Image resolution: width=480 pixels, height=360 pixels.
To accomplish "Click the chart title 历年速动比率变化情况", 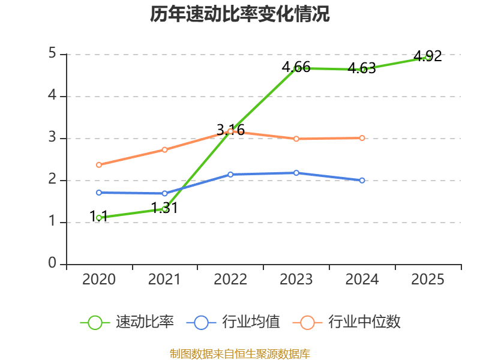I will click(x=240, y=14).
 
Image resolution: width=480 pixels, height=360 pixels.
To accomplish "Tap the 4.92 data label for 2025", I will click(x=428, y=56).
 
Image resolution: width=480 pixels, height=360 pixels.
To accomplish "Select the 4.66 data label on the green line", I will click(x=296, y=67).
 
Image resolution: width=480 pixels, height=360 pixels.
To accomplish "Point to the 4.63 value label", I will click(x=362, y=68).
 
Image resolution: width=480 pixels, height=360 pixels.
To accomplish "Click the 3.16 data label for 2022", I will click(x=230, y=130).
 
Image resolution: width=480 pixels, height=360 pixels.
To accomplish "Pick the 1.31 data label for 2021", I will click(x=164, y=208).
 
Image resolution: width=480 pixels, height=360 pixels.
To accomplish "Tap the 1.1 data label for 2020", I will click(x=99, y=217).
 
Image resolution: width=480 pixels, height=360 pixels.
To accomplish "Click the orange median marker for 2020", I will click(x=99, y=164).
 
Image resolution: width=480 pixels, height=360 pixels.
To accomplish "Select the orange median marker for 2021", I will click(x=164, y=149).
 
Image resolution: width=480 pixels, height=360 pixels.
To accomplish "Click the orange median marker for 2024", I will click(x=362, y=138).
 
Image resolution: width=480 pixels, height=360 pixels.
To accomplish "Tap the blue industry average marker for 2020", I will click(x=99, y=193).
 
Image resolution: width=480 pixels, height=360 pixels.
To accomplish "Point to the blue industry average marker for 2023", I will click(x=296, y=173).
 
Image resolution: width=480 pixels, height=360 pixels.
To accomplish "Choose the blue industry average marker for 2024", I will click(x=362, y=180).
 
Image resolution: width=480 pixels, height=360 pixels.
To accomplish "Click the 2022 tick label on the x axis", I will click(x=230, y=280).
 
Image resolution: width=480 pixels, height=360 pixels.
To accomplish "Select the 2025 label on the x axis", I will click(x=428, y=280).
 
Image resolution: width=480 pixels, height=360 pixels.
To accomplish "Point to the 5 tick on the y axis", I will click(x=53, y=54).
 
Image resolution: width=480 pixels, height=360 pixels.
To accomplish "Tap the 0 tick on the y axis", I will click(x=53, y=264).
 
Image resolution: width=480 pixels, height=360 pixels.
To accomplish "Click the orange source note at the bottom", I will click(x=240, y=353).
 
